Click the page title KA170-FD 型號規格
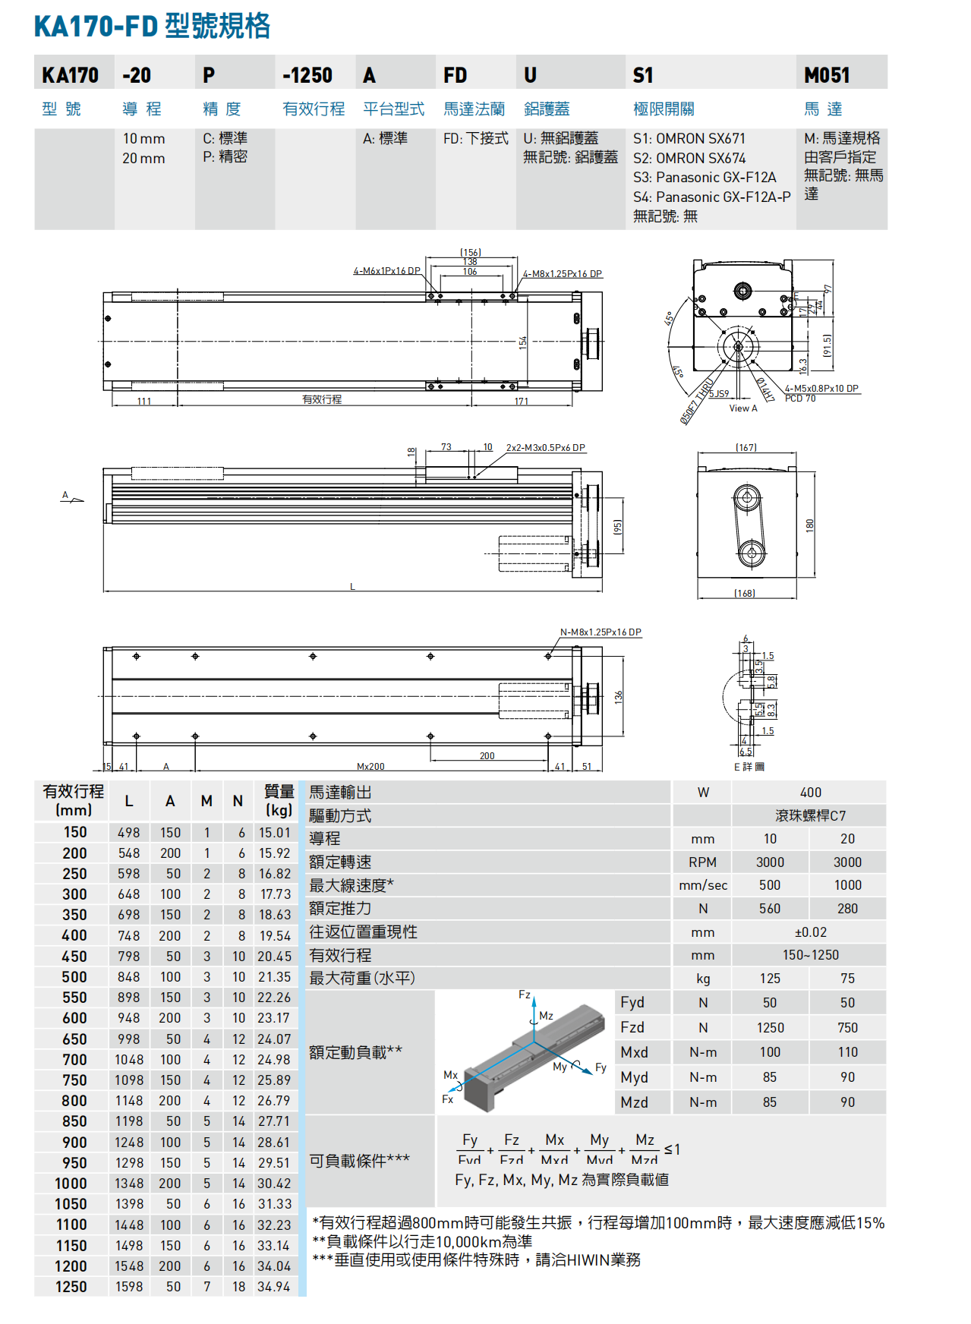click(x=152, y=27)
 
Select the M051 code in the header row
click(x=827, y=75)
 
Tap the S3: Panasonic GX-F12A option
click(x=705, y=178)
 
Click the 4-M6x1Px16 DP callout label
click(x=386, y=271)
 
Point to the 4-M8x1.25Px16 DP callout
click(x=562, y=274)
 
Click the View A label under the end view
click(x=742, y=408)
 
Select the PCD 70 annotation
click(x=799, y=399)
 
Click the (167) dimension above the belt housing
click(x=746, y=448)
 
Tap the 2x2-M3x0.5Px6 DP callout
click(x=545, y=448)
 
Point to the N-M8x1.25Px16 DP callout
click(x=600, y=632)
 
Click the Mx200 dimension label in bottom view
click(x=370, y=767)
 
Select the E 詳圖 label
click(x=749, y=767)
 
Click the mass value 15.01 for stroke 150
click(x=274, y=833)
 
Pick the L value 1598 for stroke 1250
click(x=129, y=1287)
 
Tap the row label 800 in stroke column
click(x=74, y=1101)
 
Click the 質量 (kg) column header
click(x=279, y=800)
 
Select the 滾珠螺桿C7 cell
click(x=810, y=815)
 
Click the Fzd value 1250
click(x=770, y=1027)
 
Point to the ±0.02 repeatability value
click(x=810, y=932)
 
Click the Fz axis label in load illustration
click(x=525, y=995)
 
